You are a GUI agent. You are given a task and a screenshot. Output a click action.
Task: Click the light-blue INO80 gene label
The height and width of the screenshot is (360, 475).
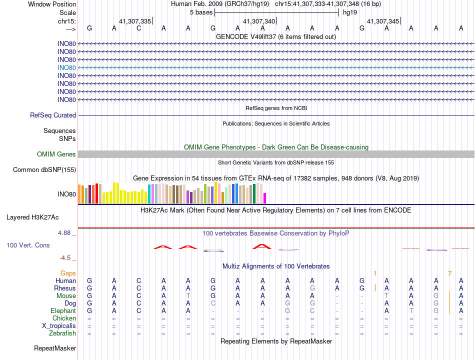click(66, 67)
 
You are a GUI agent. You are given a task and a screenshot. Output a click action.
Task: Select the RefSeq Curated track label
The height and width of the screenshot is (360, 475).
click(53, 115)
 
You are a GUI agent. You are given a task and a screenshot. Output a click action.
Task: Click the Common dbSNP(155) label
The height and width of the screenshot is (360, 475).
click(44, 170)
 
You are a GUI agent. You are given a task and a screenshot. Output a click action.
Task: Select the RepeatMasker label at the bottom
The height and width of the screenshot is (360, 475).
click(55, 348)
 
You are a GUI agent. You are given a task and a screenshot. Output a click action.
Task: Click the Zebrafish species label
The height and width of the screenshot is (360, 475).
click(62, 333)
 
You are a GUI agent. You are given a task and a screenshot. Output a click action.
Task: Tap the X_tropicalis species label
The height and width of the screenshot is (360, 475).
click(59, 326)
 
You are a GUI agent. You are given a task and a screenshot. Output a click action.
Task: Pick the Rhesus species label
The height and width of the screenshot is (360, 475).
click(65, 288)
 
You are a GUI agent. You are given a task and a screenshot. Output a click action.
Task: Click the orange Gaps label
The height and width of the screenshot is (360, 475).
click(68, 273)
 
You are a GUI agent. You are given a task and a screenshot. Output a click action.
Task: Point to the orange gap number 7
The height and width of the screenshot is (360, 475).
click(449, 273)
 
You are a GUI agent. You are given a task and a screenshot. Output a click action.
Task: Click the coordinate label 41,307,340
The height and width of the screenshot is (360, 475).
click(259, 21)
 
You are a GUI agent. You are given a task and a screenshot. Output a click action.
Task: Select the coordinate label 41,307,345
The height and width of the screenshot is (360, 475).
click(383, 21)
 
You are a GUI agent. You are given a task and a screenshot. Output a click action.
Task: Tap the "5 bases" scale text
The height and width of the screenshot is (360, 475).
click(201, 12)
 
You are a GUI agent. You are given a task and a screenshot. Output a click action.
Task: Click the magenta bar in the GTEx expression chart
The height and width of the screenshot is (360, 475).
click(265, 198)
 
